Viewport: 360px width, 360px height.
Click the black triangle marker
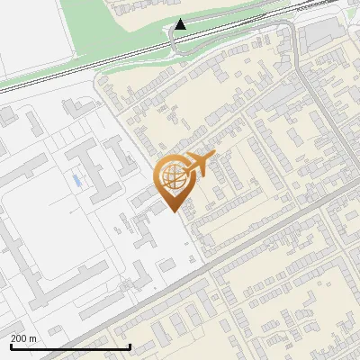click(x=182, y=24)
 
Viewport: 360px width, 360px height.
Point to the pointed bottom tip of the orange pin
click(x=172, y=211)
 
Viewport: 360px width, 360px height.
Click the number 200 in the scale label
click(x=19, y=338)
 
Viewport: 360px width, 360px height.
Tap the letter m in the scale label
click(x=34, y=338)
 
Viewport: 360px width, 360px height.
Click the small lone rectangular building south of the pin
click(x=167, y=264)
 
